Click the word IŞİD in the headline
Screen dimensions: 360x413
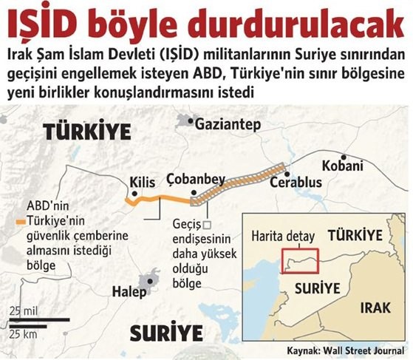(x=44, y=22)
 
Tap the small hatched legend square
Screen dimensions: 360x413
(x=208, y=225)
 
